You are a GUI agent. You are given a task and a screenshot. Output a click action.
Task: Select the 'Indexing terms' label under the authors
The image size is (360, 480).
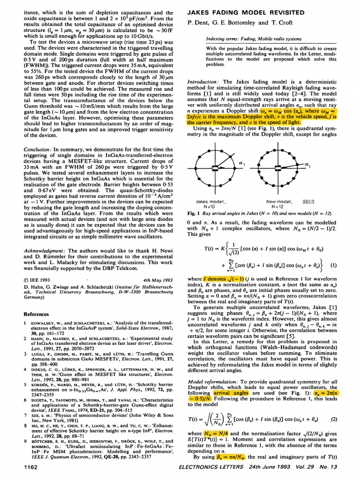[x=226, y=39]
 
